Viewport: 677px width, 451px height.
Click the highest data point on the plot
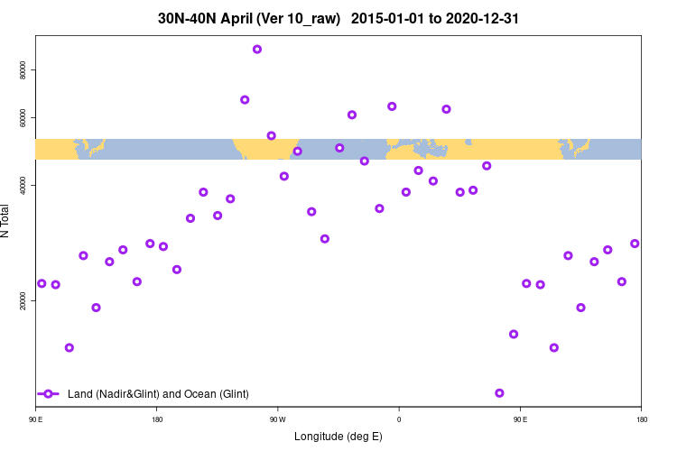(257, 50)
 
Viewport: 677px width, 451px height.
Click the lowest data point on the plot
(499, 393)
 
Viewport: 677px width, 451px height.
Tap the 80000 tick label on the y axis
(23, 70)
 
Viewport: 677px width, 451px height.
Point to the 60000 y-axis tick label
(23, 118)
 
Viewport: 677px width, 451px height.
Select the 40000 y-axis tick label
(23, 185)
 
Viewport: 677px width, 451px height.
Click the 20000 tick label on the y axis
(23, 302)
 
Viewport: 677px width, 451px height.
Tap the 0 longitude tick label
(399, 419)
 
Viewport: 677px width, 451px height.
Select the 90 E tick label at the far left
(36, 419)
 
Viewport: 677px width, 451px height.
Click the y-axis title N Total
(7, 221)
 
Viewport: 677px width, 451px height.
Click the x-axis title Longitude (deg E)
(338, 437)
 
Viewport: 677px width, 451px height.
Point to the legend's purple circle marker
(50, 394)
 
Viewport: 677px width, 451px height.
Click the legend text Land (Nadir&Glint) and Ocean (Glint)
(158, 394)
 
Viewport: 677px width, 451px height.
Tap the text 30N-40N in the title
(187, 18)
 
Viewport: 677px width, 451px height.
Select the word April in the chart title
(237, 18)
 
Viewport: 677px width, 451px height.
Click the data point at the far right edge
(635, 244)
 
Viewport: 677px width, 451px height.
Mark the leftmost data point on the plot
(42, 283)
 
